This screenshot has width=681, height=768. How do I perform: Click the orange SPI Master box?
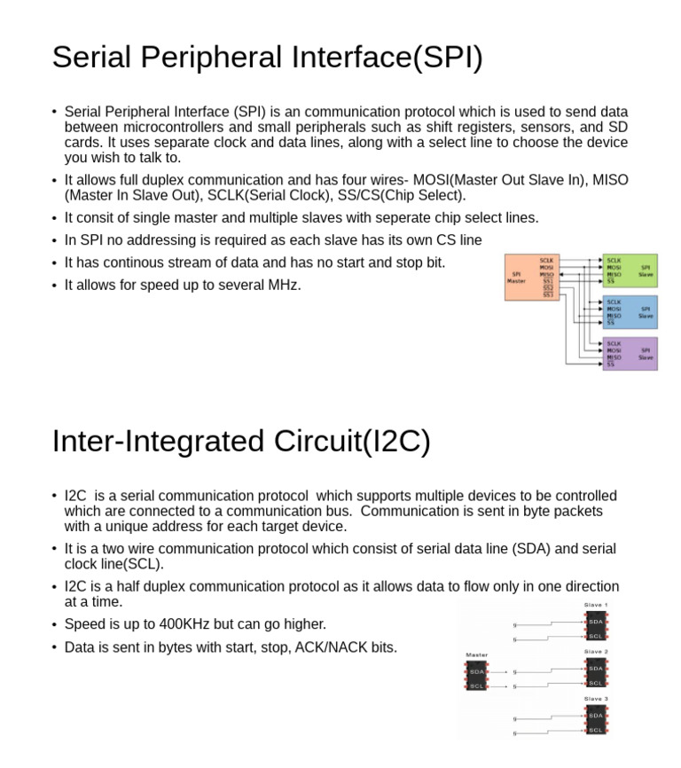[530, 277]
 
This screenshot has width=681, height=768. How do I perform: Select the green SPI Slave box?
[630, 270]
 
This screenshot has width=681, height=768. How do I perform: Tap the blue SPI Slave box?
[630, 312]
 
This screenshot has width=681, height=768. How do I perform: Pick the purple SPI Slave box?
[630, 354]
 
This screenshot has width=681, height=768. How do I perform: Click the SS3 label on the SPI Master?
[548, 294]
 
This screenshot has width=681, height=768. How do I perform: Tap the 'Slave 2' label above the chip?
[596, 652]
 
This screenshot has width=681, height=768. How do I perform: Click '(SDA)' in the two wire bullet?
[528, 549]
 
